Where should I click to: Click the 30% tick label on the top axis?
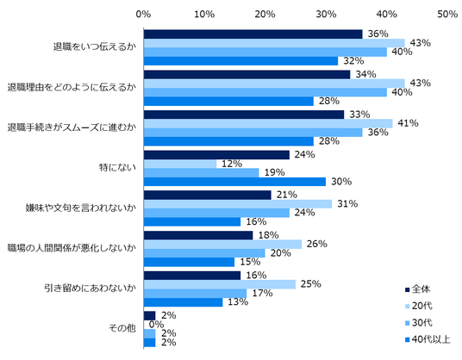(x=326, y=14)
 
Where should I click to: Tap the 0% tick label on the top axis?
(x=143, y=14)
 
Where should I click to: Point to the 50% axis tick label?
(x=447, y=14)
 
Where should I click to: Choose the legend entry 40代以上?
(x=428, y=339)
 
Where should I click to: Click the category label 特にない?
(x=117, y=168)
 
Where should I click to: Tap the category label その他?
(x=122, y=328)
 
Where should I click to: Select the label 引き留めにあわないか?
(x=91, y=288)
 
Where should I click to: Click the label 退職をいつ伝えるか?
(x=95, y=47)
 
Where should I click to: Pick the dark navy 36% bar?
(x=253, y=34)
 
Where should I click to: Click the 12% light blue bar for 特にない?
(x=180, y=164)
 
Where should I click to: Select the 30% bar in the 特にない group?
(x=234, y=182)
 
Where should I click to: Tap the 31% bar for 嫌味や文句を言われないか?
(x=238, y=204)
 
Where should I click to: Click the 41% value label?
(x=408, y=123)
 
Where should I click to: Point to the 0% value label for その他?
(x=157, y=325)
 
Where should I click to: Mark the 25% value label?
(x=311, y=284)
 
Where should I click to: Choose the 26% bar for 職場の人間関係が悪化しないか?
(x=222, y=244)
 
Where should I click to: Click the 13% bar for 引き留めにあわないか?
(x=184, y=302)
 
